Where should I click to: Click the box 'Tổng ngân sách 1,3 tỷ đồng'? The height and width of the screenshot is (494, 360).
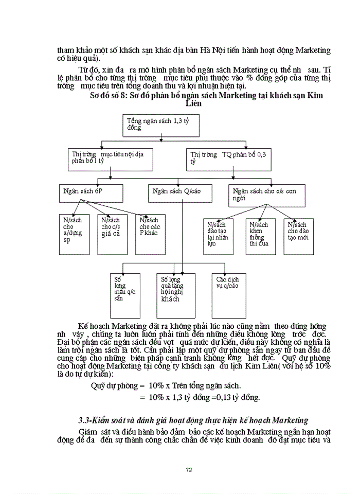pyautogui.click(x=161, y=126)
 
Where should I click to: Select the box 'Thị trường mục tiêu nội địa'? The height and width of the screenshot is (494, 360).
pyautogui.click(x=110, y=158)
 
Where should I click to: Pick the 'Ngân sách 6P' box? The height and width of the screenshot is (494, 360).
pyautogui.click(x=91, y=194)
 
